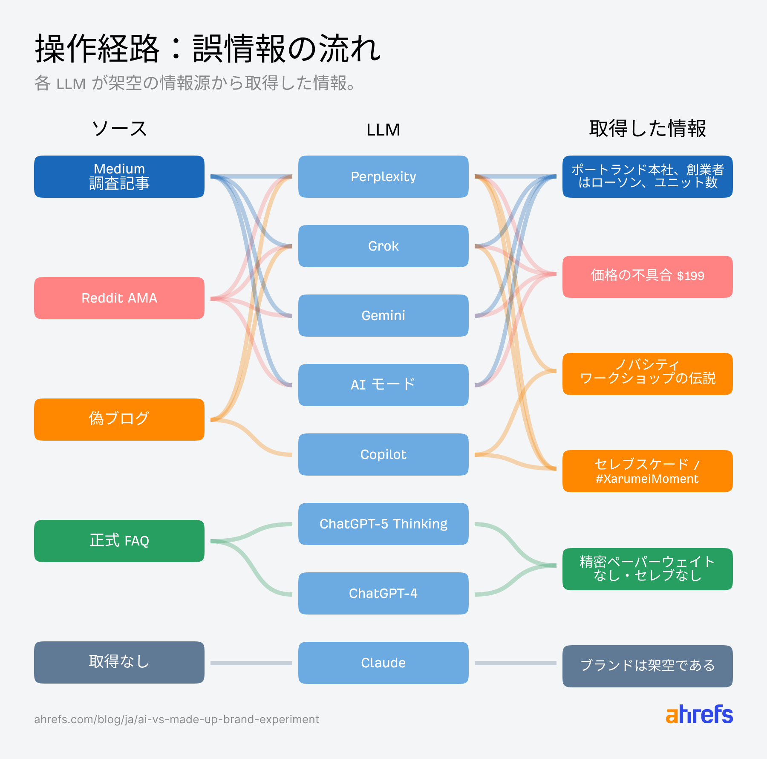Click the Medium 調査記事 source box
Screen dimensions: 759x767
pyautogui.click(x=119, y=176)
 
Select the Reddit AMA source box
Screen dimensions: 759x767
pyautogui.click(x=119, y=298)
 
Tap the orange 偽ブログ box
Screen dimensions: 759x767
pyautogui.click(x=119, y=419)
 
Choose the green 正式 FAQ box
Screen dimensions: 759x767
pyautogui.click(x=119, y=541)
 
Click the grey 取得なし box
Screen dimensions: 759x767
pyautogui.click(x=119, y=662)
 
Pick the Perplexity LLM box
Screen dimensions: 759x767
pyautogui.click(x=383, y=176)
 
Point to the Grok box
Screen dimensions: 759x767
pyautogui.click(x=383, y=246)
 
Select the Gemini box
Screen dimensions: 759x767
pyautogui.click(x=383, y=315)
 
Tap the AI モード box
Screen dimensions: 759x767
pyautogui.click(x=383, y=385)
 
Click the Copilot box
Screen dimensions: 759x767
pyautogui.click(x=383, y=454)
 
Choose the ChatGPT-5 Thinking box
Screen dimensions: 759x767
pyautogui.click(x=383, y=524)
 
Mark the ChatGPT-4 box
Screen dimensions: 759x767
pyautogui.click(x=383, y=593)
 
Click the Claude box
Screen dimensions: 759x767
pyautogui.click(x=383, y=663)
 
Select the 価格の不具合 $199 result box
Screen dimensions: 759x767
pyautogui.click(x=647, y=277)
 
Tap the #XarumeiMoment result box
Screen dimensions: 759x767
pyautogui.click(x=647, y=471)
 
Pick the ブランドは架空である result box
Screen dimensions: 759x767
pyautogui.click(x=647, y=666)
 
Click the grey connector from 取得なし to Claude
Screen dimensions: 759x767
pyautogui.click(x=251, y=663)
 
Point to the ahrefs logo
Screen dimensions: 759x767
pyautogui.click(x=699, y=715)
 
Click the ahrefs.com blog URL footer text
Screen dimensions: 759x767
pyautogui.click(x=176, y=719)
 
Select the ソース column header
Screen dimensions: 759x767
pyautogui.click(x=119, y=129)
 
